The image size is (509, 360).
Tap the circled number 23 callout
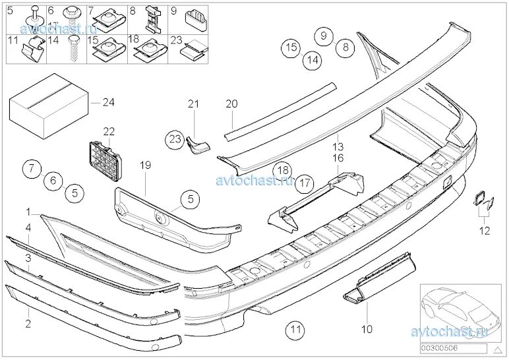coord(174,139)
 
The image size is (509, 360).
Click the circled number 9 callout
coord(323,36)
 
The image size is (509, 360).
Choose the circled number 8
coord(344,46)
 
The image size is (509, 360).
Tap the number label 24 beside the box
coord(108,102)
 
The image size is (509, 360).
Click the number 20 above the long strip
coord(231,104)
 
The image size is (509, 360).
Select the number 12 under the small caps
coord(485,230)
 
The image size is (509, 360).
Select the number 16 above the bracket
coord(338,158)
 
